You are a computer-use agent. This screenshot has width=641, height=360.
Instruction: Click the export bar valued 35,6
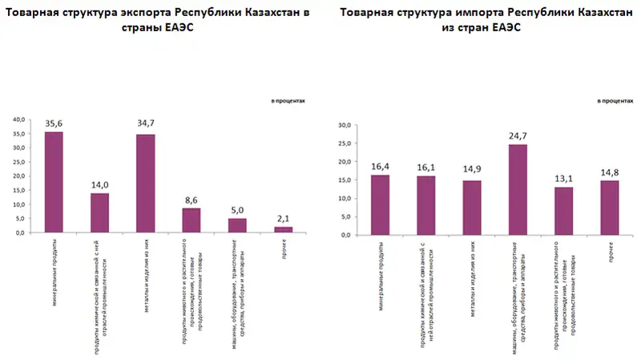coord(54,182)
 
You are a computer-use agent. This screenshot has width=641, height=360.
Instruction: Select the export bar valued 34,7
coord(146,184)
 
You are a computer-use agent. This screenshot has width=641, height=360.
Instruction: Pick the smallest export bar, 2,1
coord(284,229)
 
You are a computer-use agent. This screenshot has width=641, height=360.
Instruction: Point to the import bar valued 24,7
coord(518,190)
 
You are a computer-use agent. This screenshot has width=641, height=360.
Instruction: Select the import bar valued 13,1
coord(563,211)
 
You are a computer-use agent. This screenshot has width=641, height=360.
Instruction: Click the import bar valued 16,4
coord(381,204)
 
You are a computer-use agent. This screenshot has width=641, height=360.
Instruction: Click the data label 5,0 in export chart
coord(238,211)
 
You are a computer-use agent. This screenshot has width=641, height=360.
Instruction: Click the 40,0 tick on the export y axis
coord(18,120)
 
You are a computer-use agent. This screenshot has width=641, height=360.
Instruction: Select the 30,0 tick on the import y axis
coord(345,125)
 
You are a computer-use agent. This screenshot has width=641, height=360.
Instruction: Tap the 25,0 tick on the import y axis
coord(345,144)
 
